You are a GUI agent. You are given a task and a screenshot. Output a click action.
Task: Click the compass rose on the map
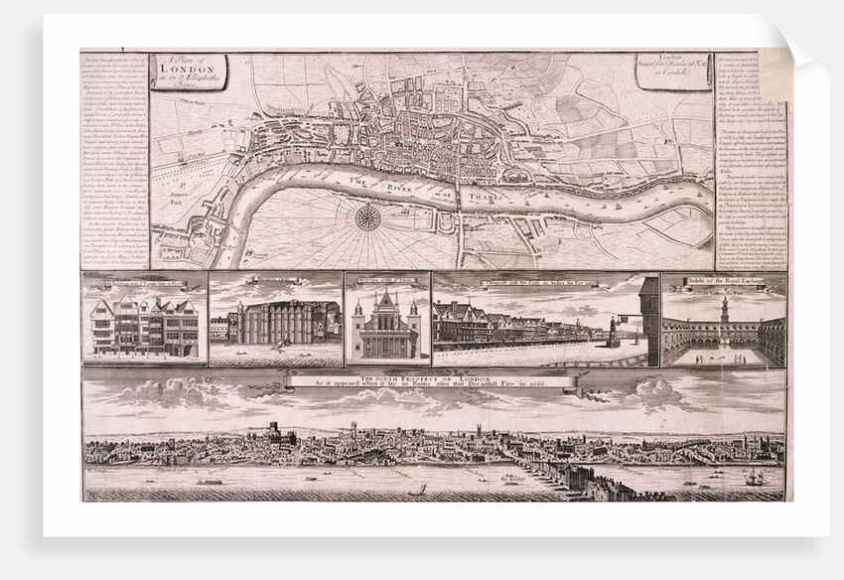click(368, 217)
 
